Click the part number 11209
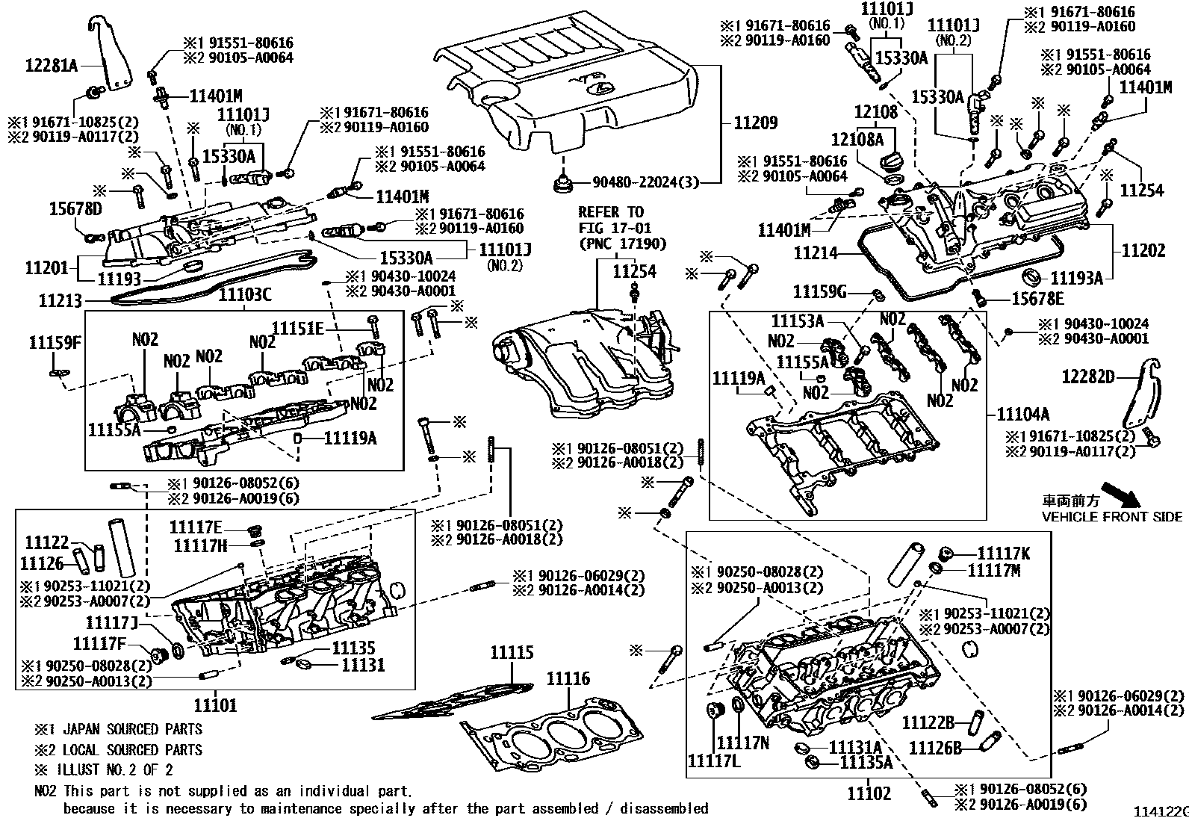pos(755,123)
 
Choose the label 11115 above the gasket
pos(512,653)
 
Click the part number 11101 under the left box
pos(216,705)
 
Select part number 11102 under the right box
pos(869,793)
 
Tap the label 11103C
pos(244,296)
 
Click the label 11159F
pos(55,343)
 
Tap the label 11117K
pos(1004,554)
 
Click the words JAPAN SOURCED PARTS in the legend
pos(132,729)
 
